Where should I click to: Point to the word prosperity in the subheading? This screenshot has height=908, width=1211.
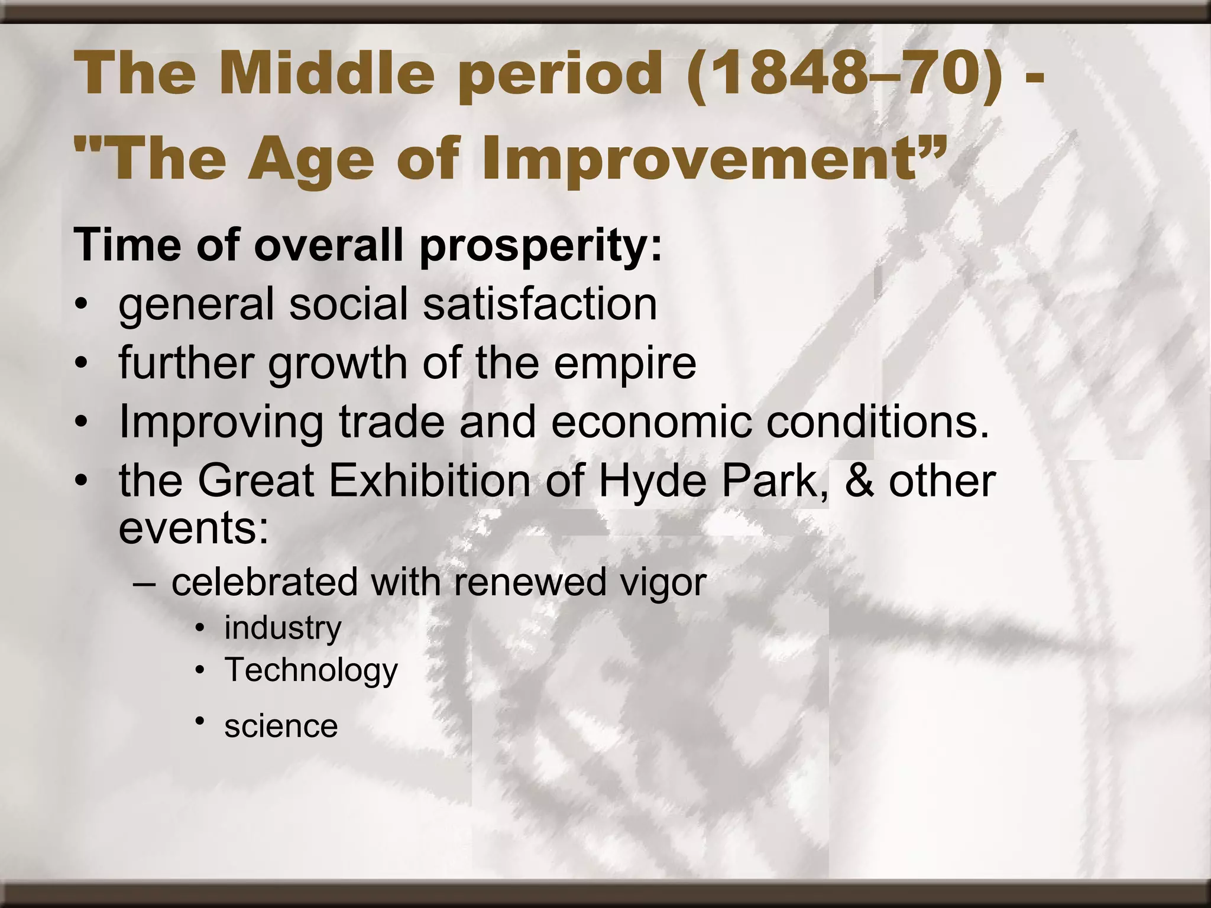click(x=540, y=246)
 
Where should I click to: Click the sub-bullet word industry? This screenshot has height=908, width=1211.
click(x=283, y=628)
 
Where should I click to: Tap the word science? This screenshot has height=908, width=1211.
click(x=281, y=726)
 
